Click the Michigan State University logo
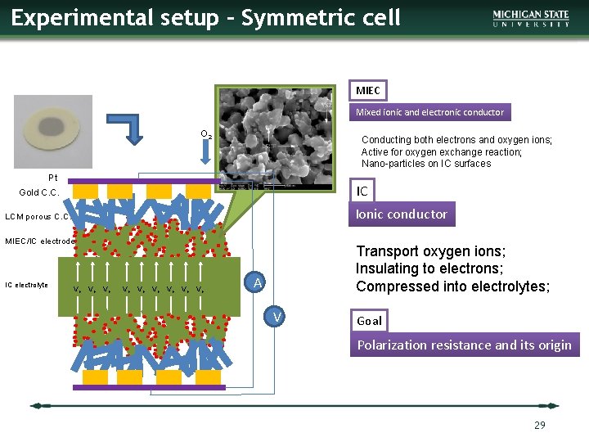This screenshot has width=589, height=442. (x=531, y=18)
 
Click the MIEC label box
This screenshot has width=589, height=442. (x=367, y=90)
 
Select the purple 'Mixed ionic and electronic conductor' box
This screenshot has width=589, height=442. (x=429, y=112)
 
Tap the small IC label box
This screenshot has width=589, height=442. (x=362, y=192)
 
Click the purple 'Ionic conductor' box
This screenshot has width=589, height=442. (x=400, y=214)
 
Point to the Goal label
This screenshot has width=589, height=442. (x=369, y=321)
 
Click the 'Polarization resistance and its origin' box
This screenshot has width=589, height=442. (x=464, y=345)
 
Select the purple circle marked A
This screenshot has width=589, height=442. (x=257, y=283)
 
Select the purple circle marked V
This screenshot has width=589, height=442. (x=277, y=318)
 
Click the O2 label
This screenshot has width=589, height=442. (x=206, y=134)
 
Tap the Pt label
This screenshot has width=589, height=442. (x=52, y=178)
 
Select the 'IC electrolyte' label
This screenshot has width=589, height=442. (x=26, y=285)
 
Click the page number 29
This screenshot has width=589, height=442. (x=538, y=425)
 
